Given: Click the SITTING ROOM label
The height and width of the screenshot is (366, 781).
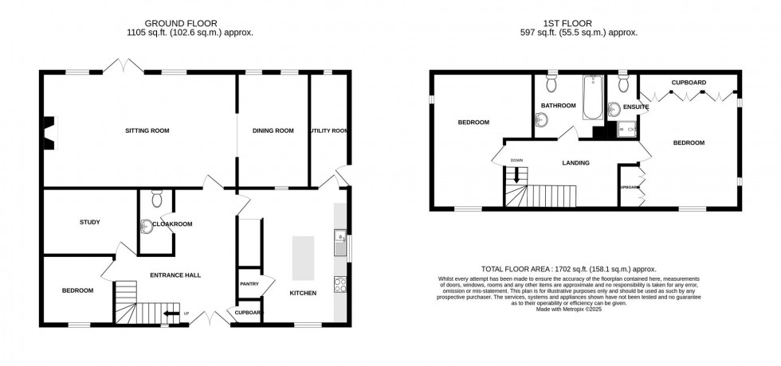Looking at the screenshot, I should click(x=147, y=130).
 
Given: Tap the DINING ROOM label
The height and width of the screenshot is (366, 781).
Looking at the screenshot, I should click(x=273, y=130).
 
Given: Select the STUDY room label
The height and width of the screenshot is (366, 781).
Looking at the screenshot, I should click(x=89, y=222).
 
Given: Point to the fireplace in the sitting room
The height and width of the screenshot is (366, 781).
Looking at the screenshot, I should click(x=49, y=133).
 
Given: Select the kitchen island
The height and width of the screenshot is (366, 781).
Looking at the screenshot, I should click(x=304, y=258).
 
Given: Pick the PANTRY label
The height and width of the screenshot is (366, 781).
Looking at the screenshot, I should click(x=245, y=283).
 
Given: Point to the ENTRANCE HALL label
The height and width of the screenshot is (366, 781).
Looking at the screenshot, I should click(x=175, y=275).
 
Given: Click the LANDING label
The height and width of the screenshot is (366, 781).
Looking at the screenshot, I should click(x=575, y=163).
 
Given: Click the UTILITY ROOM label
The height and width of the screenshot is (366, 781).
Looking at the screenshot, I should click(x=328, y=130).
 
